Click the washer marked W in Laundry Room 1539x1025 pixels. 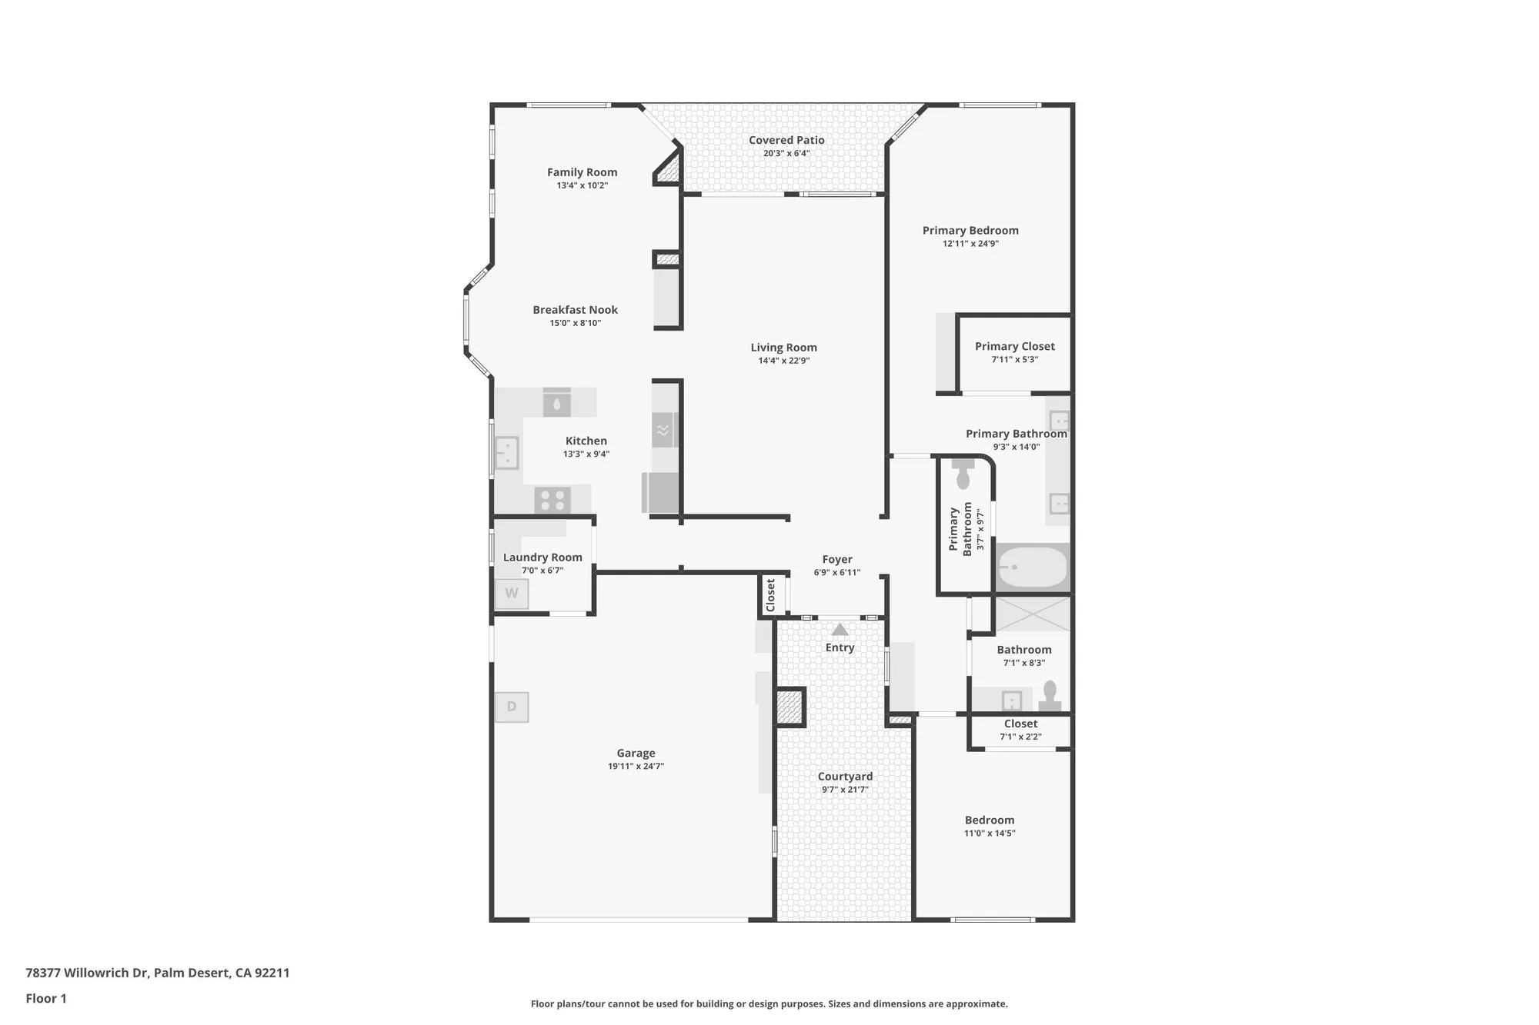pos(512,594)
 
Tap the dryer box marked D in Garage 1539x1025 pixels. pos(512,707)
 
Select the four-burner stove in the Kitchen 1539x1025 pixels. pos(553,501)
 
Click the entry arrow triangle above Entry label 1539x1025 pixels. pos(840,630)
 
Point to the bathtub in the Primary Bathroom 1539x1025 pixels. pos(1033,567)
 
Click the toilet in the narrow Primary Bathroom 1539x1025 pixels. pos(963,474)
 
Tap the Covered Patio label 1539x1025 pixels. pos(786,140)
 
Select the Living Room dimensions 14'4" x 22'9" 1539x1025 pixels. pos(783,361)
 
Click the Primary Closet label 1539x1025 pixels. pos(1014,346)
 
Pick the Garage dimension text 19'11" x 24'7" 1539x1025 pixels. pos(636,766)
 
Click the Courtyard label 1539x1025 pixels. pos(845,777)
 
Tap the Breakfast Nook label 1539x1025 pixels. pos(575,310)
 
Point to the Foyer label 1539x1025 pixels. pos(837,560)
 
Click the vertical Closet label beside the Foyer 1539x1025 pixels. pos(771,596)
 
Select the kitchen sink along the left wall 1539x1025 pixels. pos(506,453)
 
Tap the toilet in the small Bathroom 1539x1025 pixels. pos(1050,697)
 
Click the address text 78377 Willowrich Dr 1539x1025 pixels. pos(86,973)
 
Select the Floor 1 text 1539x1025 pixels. pos(46,998)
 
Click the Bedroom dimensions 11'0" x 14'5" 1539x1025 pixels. pos(990,834)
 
